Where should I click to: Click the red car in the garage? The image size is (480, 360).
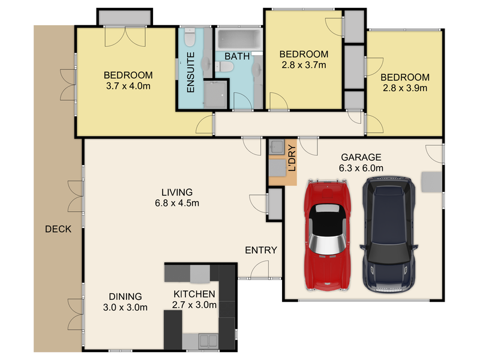[327, 235]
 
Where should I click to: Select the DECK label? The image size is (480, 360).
[58, 229]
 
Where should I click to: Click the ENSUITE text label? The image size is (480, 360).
[190, 72]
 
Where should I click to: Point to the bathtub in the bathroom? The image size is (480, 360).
[239, 39]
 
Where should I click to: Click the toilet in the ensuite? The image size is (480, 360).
[190, 37]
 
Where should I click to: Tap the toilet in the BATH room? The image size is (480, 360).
[224, 67]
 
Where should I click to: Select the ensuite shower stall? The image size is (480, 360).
[215, 94]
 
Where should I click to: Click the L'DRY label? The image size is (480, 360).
[292, 158]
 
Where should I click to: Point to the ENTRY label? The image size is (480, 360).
[261, 250]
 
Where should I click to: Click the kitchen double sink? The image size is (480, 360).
[208, 340]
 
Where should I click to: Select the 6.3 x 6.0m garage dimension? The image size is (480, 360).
[361, 168]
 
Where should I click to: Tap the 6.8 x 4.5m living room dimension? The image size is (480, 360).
[177, 203]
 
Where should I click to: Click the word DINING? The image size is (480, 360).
[125, 296]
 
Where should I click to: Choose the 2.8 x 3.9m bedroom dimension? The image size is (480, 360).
[404, 88]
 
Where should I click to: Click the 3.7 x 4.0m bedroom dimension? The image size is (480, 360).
[128, 86]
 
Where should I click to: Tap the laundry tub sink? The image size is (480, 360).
[277, 147]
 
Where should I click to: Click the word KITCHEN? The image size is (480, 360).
[194, 294]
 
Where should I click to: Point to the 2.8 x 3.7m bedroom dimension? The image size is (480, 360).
[304, 65]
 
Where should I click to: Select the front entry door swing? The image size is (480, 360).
[260, 269]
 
